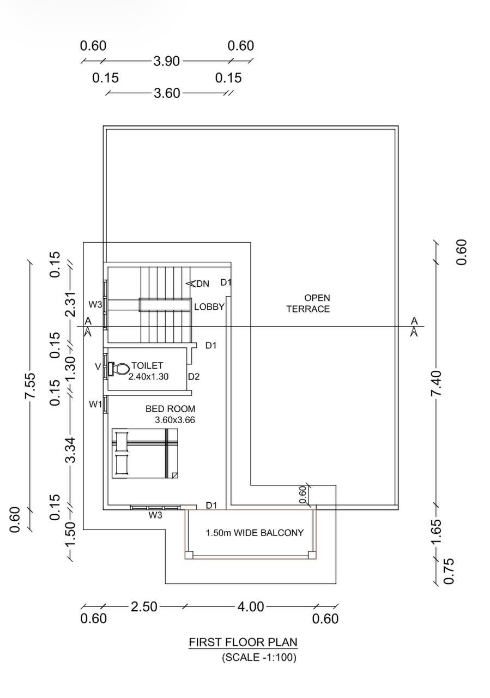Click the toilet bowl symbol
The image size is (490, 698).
click(x=119, y=369)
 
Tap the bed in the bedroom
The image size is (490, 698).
click(x=145, y=453)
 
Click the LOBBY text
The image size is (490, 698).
click(x=209, y=307)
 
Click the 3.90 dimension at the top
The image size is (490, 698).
click(x=167, y=61)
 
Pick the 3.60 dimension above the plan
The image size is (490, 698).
click(x=167, y=93)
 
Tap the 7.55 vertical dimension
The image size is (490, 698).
click(x=31, y=385)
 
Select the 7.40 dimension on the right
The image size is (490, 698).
click(x=436, y=383)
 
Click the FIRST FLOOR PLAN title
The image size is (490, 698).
click(x=243, y=642)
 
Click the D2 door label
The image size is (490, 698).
click(x=193, y=377)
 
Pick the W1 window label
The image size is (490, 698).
click(x=95, y=405)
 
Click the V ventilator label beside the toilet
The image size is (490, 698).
click(x=98, y=367)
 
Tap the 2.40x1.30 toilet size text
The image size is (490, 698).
click(x=149, y=377)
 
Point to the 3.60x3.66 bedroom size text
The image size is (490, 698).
click(x=175, y=420)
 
